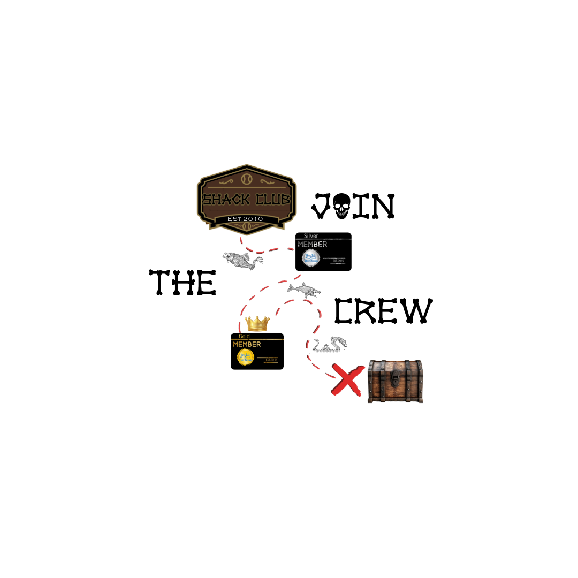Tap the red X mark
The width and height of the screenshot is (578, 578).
pyautogui.click(x=347, y=379)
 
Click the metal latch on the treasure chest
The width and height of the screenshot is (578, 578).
pyautogui.click(x=395, y=378)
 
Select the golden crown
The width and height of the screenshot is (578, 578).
pyautogui.click(x=257, y=323)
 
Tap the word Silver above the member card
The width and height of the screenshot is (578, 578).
pyautogui.click(x=311, y=235)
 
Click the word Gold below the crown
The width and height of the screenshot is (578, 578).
pyautogui.click(x=244, y=336)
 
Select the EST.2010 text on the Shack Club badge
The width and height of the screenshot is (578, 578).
pyautogui.click(x=245, y=219)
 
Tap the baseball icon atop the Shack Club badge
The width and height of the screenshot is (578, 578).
pyautogui.click(x=246, y=178)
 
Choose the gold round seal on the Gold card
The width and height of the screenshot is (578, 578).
pyautogui.click(x=245, y=358)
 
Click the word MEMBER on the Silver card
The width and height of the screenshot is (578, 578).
pyautogui.click(x=312, y=245)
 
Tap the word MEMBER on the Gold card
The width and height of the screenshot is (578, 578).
pyautogui.click(x=247, y=344)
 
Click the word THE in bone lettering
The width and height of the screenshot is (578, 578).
pyautogui.click(x=183, y=282)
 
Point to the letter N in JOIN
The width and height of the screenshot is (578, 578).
pyautogui.click(x=381, y=206)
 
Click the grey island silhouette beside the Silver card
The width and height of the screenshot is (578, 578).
pyautogui.click(x=242, y=260)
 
